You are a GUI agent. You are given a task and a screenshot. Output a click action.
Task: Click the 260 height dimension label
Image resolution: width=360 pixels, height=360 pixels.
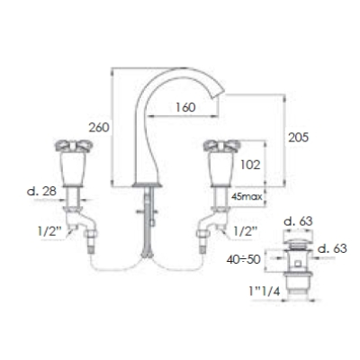[x=99, y=128]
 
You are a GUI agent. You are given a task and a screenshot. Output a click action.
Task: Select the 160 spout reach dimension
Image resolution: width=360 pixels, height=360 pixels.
[x=185, y=107]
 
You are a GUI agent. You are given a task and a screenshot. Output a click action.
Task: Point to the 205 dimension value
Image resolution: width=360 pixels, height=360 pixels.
[x=298, y=138]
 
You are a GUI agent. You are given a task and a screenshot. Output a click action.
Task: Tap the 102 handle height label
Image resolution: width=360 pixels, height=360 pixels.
[x=250, y=165]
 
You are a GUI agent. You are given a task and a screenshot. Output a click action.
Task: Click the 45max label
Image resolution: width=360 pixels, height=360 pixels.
[x=247, y=197]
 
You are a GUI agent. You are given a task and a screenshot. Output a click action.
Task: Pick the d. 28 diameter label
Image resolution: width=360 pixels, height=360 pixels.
[x=41, y=191]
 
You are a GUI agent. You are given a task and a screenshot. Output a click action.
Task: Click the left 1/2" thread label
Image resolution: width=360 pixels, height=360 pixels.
[x=49, y=231]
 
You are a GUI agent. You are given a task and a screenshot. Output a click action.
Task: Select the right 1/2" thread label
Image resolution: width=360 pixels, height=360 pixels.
[x=245, y=231]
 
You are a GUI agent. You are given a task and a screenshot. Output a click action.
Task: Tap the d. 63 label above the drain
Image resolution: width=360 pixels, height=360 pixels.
[x=298, y=221]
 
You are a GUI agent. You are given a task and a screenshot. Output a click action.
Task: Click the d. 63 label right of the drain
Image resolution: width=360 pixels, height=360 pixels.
[x=332, y=248]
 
